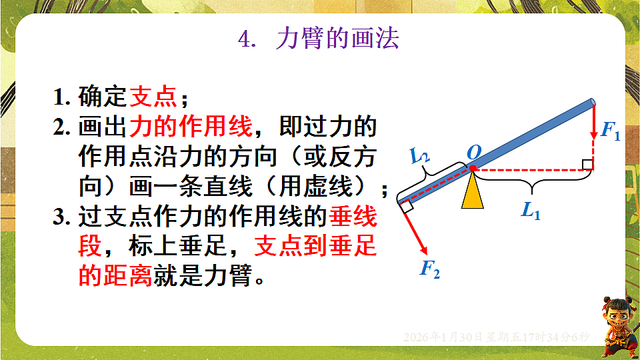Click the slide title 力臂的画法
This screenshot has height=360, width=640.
[x=337, y=39]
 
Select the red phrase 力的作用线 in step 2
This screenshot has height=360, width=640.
[x=190, y=126]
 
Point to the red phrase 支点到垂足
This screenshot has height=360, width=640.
[x=315, y=247]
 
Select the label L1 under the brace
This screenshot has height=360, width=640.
[x=531, y=211]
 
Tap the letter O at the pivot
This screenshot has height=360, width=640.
[x=474, y=153]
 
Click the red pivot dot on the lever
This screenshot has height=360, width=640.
[x=473, y=169]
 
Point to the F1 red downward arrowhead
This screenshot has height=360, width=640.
[x=593, y=137]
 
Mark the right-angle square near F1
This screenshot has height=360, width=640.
[x=587, y=164]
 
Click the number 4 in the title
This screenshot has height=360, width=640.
[x=244, y=40]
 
